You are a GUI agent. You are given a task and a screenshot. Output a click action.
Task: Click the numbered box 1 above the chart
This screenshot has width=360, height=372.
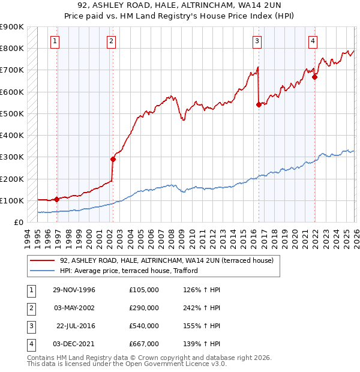click(x=55, y=41)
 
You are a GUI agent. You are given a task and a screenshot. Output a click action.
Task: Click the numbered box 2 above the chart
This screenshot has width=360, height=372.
click(x=112, y=41)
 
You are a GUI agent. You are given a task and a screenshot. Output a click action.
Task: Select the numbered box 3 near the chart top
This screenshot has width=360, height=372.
click(x=257, y=41)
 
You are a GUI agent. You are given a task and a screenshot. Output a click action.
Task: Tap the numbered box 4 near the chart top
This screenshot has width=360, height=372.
click(x=313, y=41)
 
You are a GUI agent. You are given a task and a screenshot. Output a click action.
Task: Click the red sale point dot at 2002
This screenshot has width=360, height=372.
click(x=113, y=159)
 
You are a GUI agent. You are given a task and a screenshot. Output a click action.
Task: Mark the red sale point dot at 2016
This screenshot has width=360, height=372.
click(x=259, y=104)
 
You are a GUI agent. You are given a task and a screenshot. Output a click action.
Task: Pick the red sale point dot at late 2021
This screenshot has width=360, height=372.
click(x=314, y=77)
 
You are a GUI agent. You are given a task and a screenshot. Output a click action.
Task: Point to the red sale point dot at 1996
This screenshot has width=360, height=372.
click(x=56, y=199)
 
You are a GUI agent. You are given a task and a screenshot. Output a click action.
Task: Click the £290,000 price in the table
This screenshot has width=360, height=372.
click(x=143, y=308)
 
